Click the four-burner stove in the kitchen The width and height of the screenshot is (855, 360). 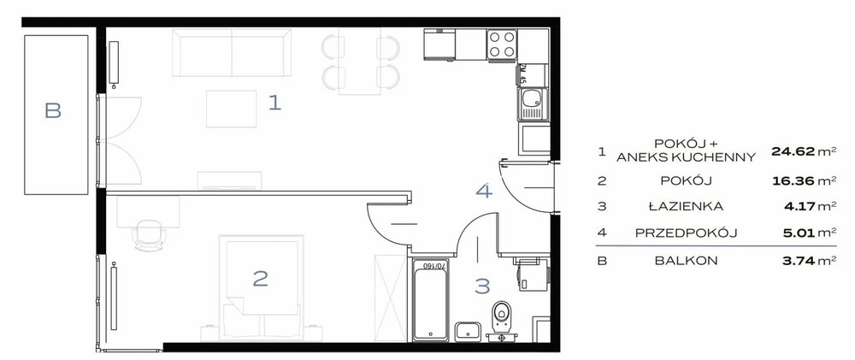point(502,44)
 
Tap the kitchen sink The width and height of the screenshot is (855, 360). point(532,103)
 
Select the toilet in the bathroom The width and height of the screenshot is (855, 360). point(501,320)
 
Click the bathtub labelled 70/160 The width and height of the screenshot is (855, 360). point(431,300)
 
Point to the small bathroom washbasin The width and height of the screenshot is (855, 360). point(468,332)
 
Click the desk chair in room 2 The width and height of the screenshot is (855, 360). point(149,234)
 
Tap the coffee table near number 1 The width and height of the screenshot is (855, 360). point(231,109)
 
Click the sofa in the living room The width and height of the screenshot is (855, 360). point(232,53)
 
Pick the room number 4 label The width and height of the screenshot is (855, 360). point(484,191)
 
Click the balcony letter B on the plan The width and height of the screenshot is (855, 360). point(53,110)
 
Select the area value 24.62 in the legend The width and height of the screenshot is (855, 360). point(793,151)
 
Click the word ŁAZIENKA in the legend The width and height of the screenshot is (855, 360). point(686,206)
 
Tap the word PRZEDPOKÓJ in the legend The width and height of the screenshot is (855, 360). point(686,233)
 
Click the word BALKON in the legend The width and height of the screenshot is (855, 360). point(686,261)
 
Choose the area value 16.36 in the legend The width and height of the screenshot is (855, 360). point(793,180)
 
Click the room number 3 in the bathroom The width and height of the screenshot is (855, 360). point(482,286)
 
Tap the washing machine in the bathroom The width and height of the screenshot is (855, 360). point(531,274)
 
